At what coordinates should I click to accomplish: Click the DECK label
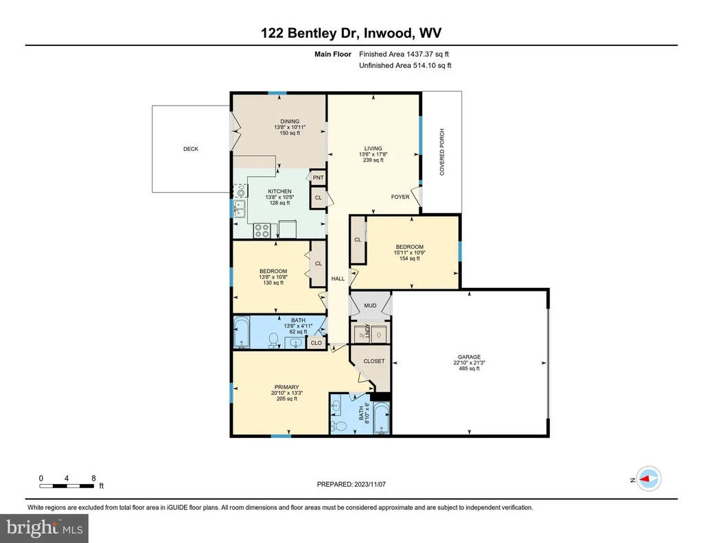[x=191, y=149]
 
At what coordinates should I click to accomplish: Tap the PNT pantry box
[x=318, y=178]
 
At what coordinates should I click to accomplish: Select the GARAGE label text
[x=469, y=357]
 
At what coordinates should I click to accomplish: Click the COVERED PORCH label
[x=442, y=152]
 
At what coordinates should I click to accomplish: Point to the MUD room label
[x=370, y=306]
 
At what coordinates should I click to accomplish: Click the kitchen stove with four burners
[x=262, y=230]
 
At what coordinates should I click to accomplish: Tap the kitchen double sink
[x=240, y=209]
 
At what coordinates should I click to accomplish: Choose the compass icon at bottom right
[x=649, y=479]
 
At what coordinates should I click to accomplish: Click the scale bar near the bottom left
[x=67, y=485]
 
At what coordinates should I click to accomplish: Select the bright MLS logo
[x=44, y=528]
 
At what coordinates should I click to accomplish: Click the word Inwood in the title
[x=389, y=33]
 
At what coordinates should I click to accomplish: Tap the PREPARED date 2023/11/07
[x=370, y=484]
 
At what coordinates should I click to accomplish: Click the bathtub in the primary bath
[x=382, y=418]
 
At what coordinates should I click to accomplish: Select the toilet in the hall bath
[x=273, y=340]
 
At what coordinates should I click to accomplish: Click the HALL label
[x=338, y=279]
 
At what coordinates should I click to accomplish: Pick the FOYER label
[x=400, y=197]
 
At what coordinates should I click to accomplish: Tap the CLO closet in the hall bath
[x=316, y=343]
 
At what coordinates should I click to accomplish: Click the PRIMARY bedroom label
[x=287, y=387]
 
